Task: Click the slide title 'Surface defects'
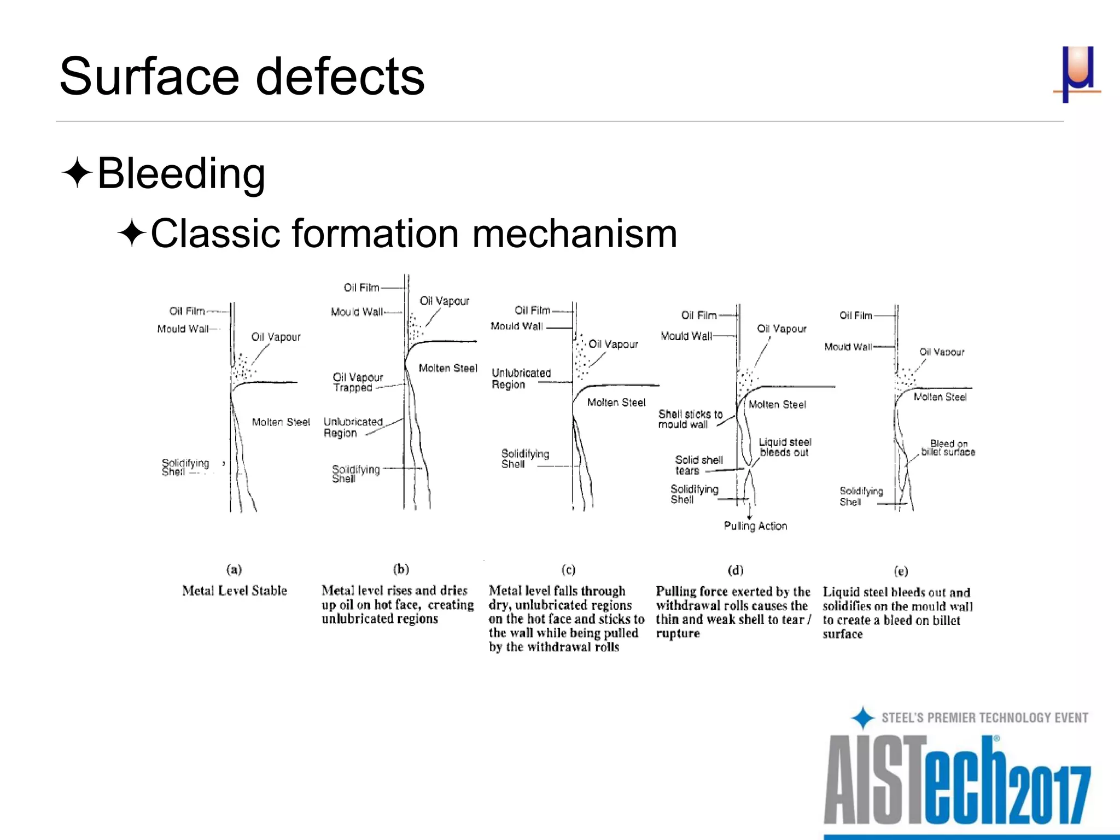click(241, 76)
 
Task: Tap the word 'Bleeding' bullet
click(181, 173)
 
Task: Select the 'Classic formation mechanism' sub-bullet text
click(413, 234)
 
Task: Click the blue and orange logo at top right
click(1077, 74)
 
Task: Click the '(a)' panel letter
click(234, 569)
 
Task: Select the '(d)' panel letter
click(736, 570)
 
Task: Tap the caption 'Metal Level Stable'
click(235, 591)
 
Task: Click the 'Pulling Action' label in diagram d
click(755, 526)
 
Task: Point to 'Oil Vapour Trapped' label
click(358, 382)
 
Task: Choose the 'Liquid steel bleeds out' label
click(785, 447)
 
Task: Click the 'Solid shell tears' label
click(698, 465)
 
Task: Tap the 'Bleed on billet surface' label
click(948, 448)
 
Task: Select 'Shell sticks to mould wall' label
click(690, 419)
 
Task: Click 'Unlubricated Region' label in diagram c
click(521, 378)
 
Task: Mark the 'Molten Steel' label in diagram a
click(281, 422)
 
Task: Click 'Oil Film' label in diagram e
click(855, 316)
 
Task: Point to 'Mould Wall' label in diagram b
click(357, 312)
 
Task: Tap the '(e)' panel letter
click(901, 571)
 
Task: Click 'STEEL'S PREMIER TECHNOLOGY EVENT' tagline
click(984, 717)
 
